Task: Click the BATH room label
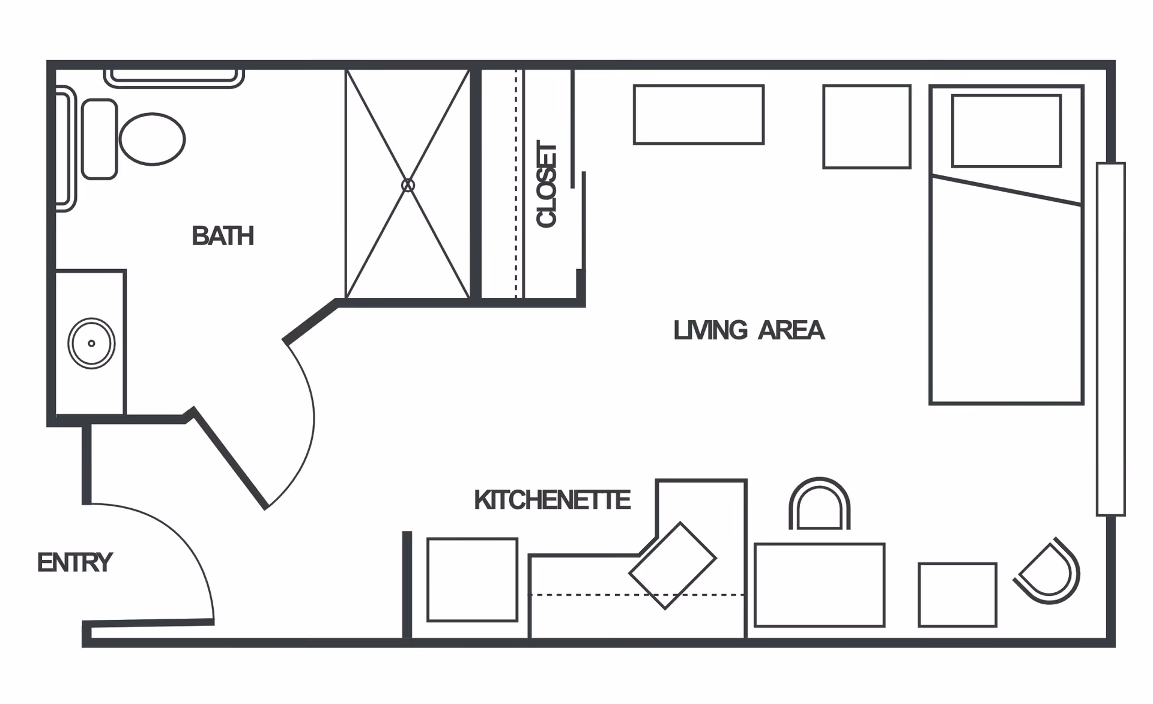point(223,235)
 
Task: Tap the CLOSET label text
point(546,184)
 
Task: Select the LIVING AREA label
point(749,330)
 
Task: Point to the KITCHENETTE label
point(552,500)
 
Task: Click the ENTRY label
point(75,563)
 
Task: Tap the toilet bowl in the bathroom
point(152,139)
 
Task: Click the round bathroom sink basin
point(91,344)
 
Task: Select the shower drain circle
point(408,185)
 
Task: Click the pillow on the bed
point(1006,130)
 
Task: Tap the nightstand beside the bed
point(867,127)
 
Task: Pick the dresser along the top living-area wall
point(698,115)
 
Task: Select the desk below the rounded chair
point(819,585)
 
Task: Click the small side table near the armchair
point(957,595)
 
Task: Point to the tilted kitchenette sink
point(673,566)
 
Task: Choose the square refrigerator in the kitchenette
point(472,580)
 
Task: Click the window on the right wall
point(1110,339)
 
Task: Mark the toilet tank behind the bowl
point(99,139)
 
